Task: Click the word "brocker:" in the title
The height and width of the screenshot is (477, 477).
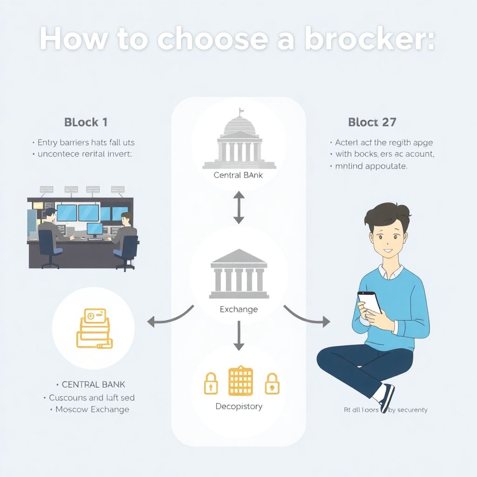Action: click(x=369, y=39)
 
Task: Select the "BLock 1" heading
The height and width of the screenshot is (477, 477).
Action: click(x=86, y=123)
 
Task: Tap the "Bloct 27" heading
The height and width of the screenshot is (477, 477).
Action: click(x=372, y=123)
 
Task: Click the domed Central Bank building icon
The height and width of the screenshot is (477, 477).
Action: click(x=239, y=142)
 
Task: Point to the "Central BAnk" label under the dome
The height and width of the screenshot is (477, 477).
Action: click(x=238, y=176)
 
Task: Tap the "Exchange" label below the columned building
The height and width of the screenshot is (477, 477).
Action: click(x=238, y=309)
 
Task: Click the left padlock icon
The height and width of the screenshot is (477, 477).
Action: click(x=211, y=382)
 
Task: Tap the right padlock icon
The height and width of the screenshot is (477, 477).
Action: click(x=270, y=382)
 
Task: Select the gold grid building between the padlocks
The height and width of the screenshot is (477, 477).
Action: click(x=240, y=381)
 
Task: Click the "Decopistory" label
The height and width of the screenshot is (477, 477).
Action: click(x=238, y=407)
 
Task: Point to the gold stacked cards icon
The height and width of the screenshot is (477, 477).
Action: click(x=95, y=329)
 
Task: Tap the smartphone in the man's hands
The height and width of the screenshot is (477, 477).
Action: click(x=369, y=302)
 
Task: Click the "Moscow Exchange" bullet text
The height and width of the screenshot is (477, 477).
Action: click(x=92, y=409)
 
